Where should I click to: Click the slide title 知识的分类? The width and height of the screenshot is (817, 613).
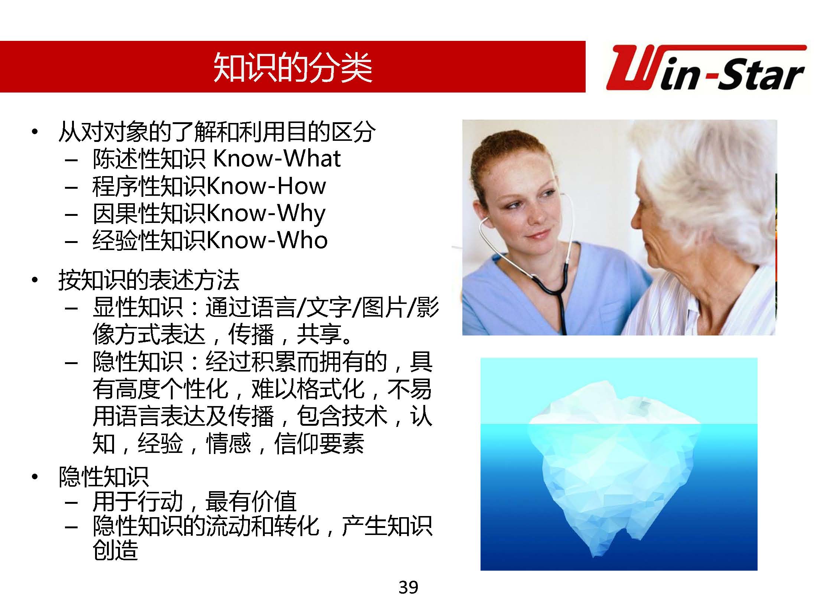[x=293, y=67]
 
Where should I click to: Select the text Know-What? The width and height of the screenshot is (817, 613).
[x=277, y=159]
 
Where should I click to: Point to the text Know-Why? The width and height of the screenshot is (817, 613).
[x=266, y=214]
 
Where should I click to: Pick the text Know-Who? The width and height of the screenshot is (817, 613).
[x=267, y=240]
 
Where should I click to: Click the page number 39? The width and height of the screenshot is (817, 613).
[x=408, y=587]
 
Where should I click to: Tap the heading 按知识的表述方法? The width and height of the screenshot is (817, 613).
[x=149, y=280]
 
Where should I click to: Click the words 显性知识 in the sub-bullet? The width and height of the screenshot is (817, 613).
[x=138, y=307]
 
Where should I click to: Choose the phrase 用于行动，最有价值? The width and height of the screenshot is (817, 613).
[x=195, y=501]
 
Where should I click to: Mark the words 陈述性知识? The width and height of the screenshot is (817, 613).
[x=149, y=159]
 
